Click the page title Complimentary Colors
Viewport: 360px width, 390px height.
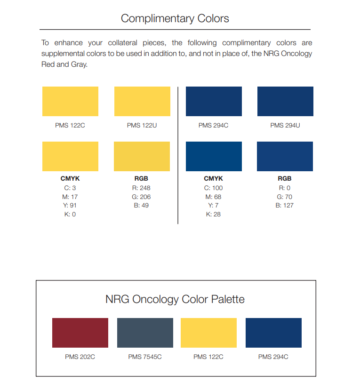pos(175,19)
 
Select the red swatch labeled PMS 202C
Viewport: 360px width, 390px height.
pos(80,333)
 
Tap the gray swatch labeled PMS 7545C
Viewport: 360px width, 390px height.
pos(145,333)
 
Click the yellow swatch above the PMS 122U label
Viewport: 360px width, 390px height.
pos(142,101)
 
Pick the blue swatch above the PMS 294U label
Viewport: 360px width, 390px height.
pos(285,101)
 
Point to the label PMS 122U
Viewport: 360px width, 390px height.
pos(142,126)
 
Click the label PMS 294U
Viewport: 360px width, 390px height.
pos(285,126)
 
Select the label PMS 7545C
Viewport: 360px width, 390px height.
pos(145,357)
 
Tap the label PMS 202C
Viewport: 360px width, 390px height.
pos(80,357)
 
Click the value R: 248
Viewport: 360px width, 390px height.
pos(142,188)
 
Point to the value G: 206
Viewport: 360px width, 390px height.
pos(142,197)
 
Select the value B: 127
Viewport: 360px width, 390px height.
pos(285,206)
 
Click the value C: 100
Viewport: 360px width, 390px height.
pos(213,188)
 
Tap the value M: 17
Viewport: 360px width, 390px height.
pos(70,197)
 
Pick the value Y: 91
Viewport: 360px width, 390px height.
pos(70,206)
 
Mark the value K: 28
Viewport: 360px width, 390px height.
pos(213,215)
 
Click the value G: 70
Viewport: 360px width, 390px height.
pos(285,197)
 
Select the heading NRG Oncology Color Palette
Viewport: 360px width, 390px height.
pos(175,299)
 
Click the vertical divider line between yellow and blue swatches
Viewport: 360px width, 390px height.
pos(178,155)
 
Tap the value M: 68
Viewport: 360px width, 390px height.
pos(213,197)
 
